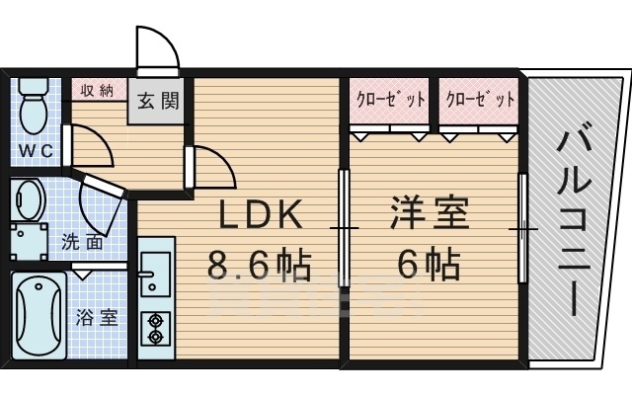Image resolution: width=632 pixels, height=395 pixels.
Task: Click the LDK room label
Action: [259, 215]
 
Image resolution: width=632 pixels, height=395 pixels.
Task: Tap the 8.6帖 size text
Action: [259, 265]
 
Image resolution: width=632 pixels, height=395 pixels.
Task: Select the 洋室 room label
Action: [429, 214]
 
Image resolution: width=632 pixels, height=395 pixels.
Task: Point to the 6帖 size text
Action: [429, 264]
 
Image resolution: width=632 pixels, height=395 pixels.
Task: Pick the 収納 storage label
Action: [98, 91]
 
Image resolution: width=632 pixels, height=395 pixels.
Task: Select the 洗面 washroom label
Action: [83, 241]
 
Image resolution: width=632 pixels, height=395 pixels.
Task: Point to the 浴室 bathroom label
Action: [97, 318]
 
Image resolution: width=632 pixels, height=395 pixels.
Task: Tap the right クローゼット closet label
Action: [481, 100]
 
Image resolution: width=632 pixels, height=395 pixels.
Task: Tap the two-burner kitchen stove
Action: [155, 327]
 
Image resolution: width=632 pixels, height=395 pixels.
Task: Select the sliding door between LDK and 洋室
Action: [344, 228]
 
